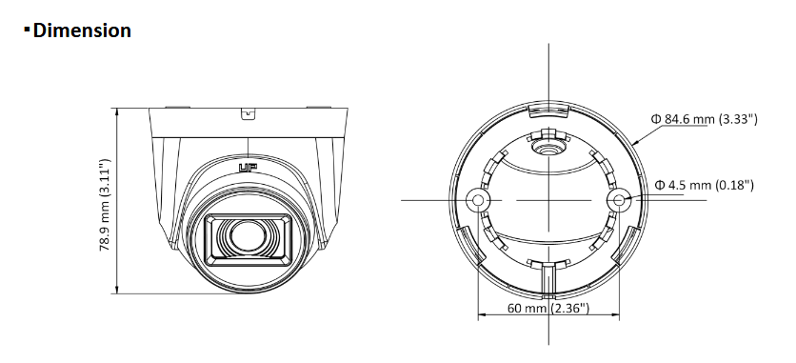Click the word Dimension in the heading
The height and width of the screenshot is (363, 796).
click(82, 31)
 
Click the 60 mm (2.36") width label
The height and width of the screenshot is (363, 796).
click(548, 309)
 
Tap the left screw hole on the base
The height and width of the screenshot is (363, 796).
click(480, 200)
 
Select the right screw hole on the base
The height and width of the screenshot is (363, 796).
click(620, 200)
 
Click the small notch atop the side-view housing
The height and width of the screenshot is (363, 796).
click(248, 114)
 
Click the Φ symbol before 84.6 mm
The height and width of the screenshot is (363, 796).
click(656, 119)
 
